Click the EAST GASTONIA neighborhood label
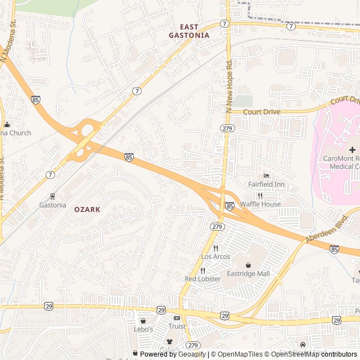click(189, 31)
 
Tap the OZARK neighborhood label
click(87, 209)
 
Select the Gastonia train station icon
click(52, 196)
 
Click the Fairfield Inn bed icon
click(267, 175)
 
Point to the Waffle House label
click(260, 204)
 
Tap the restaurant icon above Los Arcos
click(215, 248)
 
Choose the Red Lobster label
click(202, 279)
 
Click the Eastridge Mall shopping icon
click(248, 265)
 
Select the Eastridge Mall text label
click(248, 274)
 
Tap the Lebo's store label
click(143, 329)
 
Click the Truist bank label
click(177, 326)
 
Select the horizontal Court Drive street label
click(262, 112)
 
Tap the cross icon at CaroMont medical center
click(352, 150)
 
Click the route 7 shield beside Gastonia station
click(51, 175)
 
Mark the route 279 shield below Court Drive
click(228, 128)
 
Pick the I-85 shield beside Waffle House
click(229, 207)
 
